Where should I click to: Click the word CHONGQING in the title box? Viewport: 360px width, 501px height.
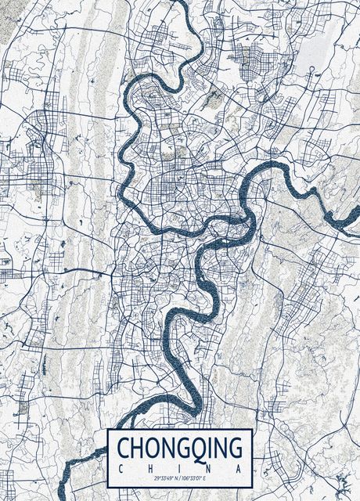[x=179, y=449]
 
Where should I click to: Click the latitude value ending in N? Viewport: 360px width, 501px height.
[x=165, y=478]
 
